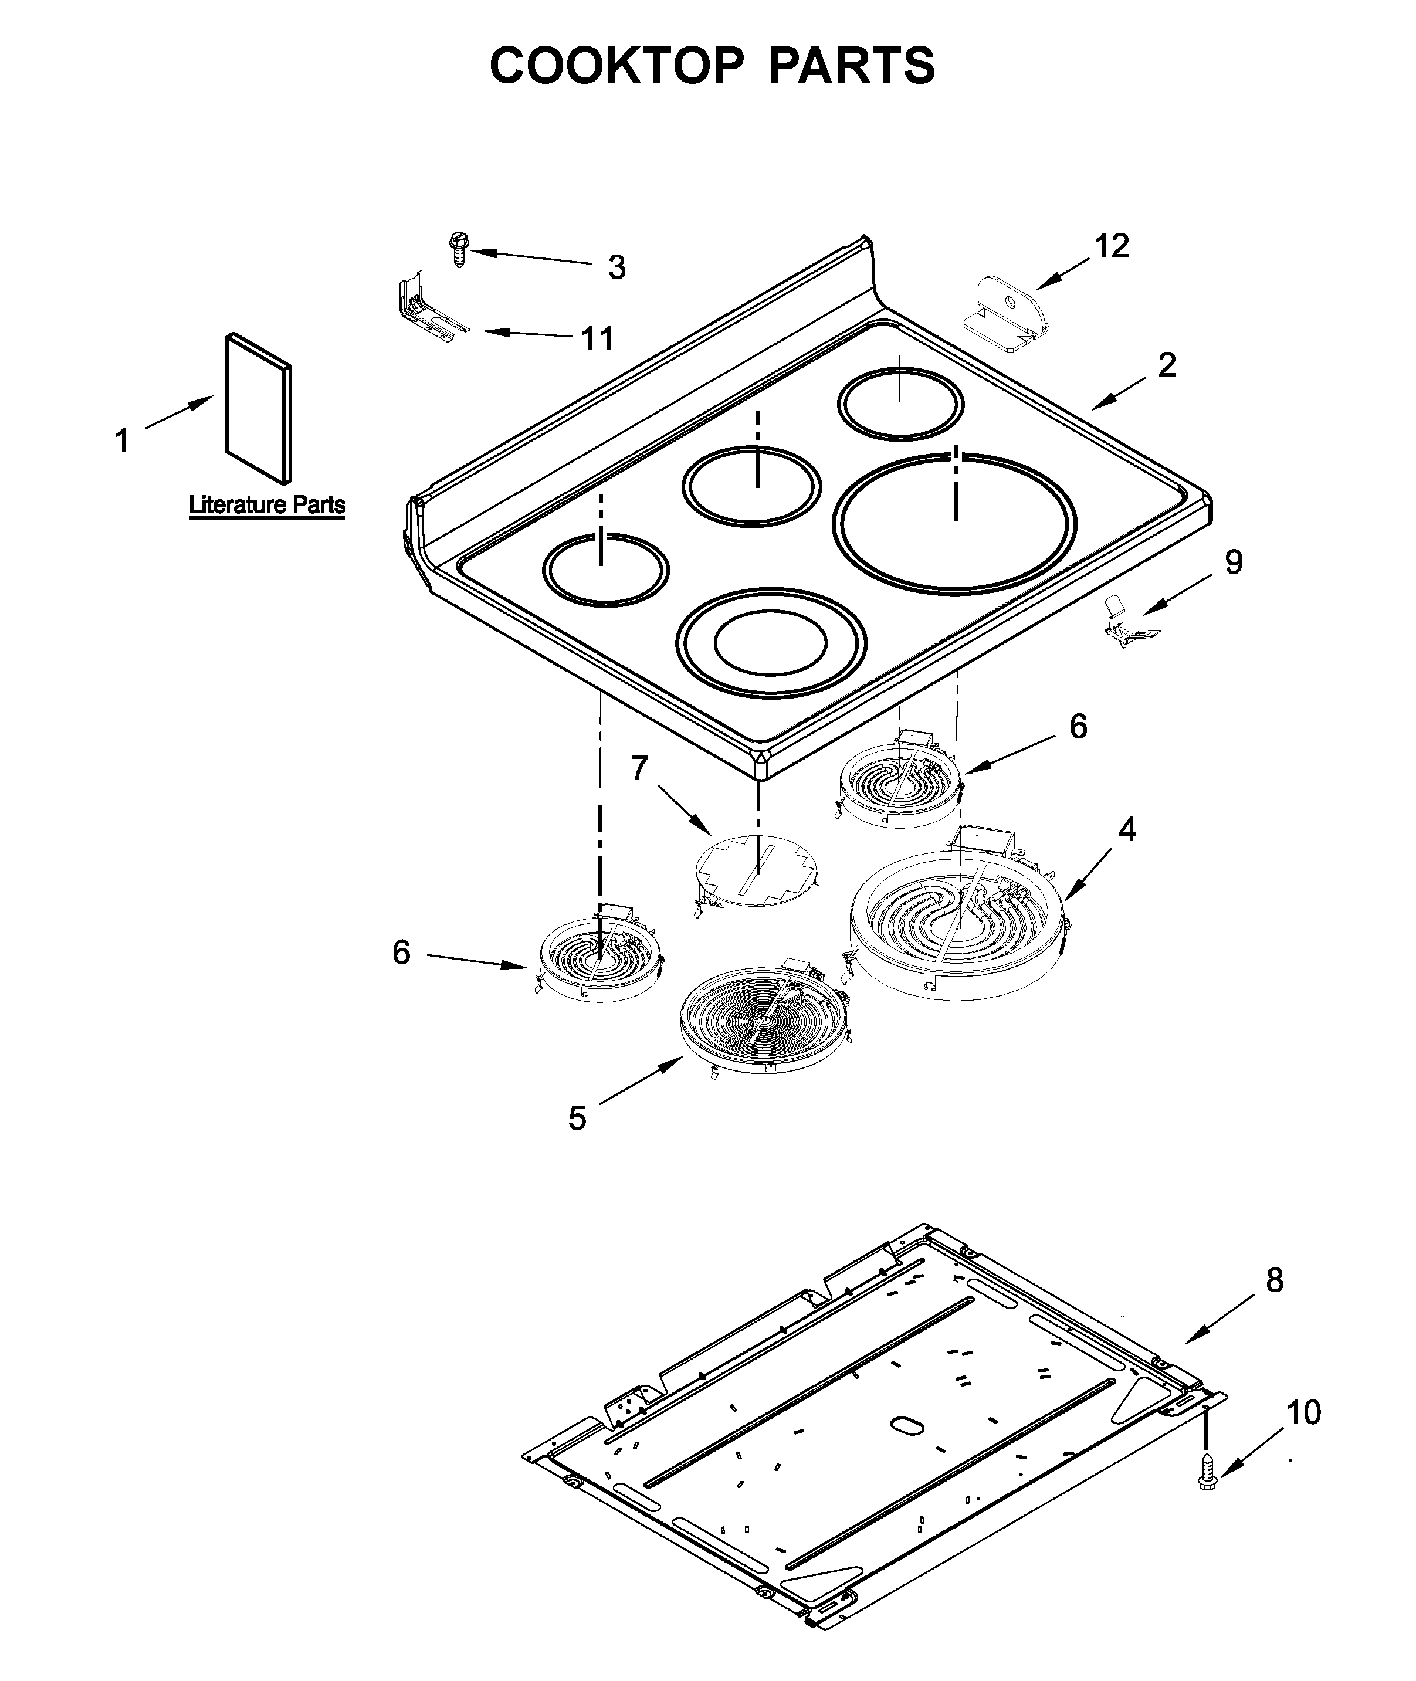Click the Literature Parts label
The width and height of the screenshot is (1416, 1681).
point(267,505)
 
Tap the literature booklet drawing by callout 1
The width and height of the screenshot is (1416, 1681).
point(259,409)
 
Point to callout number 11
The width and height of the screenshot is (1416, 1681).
point(597,339)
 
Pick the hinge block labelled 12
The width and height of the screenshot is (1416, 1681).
point(1007,314)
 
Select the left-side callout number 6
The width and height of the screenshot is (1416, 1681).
point(401,953)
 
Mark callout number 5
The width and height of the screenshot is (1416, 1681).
point(577,1119)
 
